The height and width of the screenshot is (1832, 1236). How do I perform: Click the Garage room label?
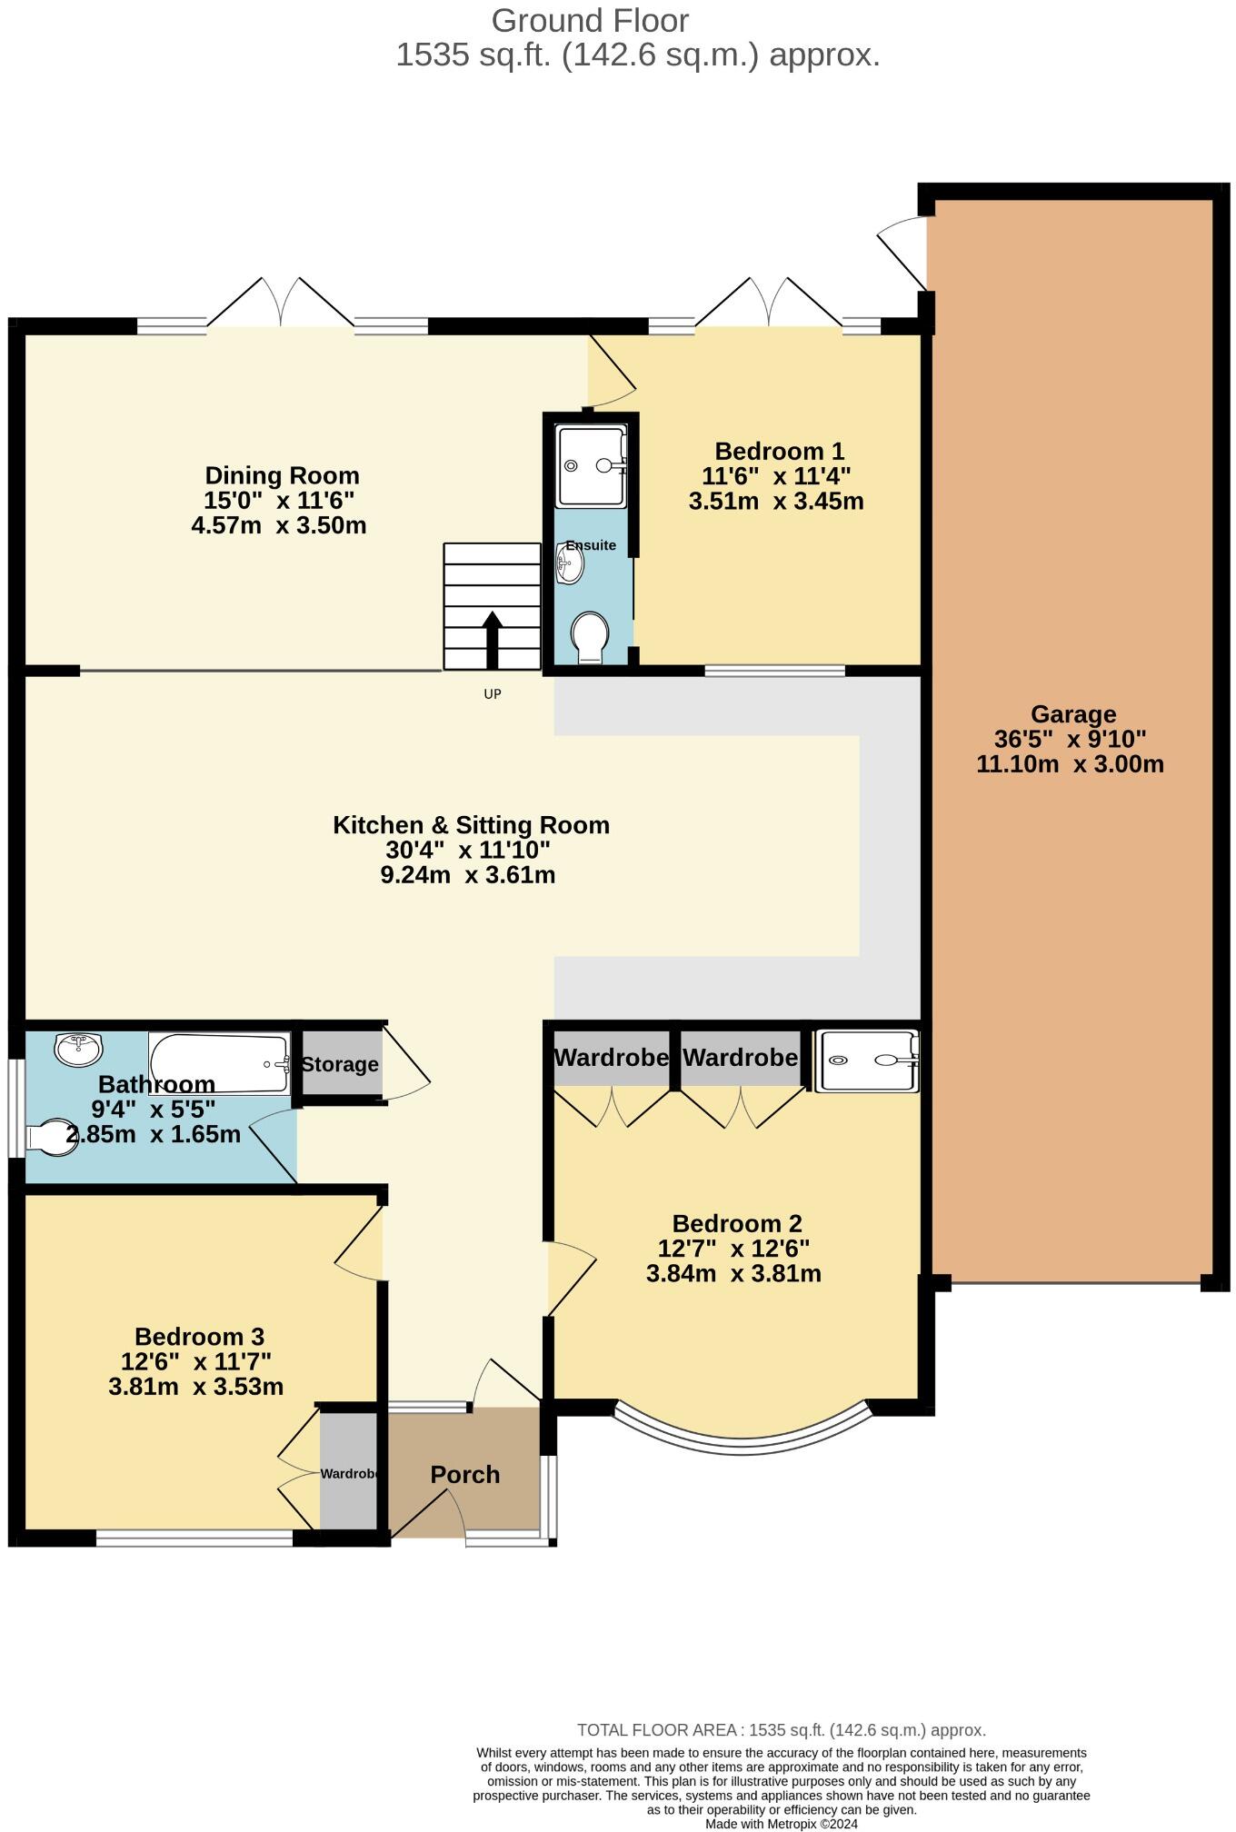pyautogui.click(x=1072, y=714)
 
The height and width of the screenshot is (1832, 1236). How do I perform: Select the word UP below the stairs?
pyautogui.click(x=492, y=694)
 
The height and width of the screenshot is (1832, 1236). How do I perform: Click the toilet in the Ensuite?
pyautogui.click(x=590, y=636)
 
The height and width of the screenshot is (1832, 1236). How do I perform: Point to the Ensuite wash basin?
pyautogui.click(x=570, y=564)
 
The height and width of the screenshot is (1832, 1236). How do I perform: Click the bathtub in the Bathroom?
pyautogui.click(x=219, y=1062)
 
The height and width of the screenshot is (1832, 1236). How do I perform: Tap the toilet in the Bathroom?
pyautogui.click(x=52, y=1137)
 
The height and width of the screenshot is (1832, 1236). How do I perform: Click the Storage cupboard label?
pyautogui.click(x=340, y=1064)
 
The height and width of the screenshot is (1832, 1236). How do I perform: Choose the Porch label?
pyautogui.click(x=464, y=1474)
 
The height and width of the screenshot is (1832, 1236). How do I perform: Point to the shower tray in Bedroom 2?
pyautogui.click(x=867, y=1060)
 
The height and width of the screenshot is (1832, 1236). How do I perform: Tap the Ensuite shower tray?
pyautogui.click(x=591, y=465)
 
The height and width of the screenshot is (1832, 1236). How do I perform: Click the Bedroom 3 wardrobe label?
pyautogui.click(x=349, y=1473)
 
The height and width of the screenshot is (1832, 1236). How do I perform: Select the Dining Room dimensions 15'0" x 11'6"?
pyautogui.click(x=279, y=501)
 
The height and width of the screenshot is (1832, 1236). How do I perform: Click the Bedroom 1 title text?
pyautogui.click(x=779, y=451)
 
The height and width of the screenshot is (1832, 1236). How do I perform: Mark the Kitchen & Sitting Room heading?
pyautogui.click(x=471, y=825)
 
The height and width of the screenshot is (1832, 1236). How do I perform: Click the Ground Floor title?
pyautogui.click(x=590, y=20)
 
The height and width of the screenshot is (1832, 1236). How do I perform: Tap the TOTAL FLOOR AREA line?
pyautogui.click(x=781, y=1730)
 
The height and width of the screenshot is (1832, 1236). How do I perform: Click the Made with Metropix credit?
pyautogui.click(x=781, y=1823)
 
